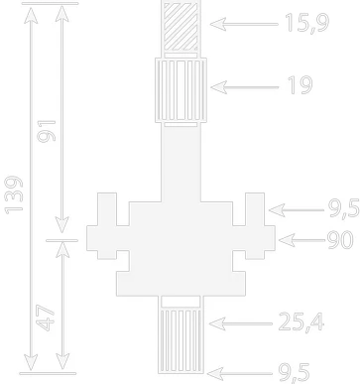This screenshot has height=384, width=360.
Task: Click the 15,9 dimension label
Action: click(x=306, y=23)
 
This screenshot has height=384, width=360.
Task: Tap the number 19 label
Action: click(x=300, y=85)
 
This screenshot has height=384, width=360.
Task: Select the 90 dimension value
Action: click(x=340, y=239)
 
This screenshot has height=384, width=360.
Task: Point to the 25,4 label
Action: click(x=301, y=321)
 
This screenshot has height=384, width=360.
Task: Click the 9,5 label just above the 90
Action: click(x=344, y=208)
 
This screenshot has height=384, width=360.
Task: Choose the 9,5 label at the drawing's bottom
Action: click(x=295, y=373)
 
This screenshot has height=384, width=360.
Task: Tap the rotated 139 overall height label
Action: click(x=14, y=195)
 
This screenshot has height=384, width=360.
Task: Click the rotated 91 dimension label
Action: click(x=47, y=131)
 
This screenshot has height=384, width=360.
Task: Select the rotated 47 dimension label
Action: click(x=45, y=318)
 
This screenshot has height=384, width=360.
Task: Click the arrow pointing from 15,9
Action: click(x=244, y=24)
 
